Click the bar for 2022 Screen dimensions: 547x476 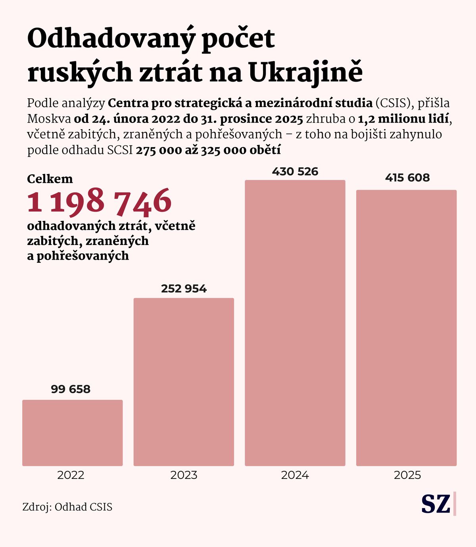click(72, 433)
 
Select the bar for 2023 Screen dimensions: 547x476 click(184, 382)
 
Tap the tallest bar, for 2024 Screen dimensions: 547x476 click(295, 323)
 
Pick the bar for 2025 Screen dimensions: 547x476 click(406, 328)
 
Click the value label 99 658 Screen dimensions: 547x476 click(71, 389)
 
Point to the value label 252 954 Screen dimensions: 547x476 click(184, 289)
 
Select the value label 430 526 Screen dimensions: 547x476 click(295, 172)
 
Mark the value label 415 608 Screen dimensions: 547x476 click(407, 178)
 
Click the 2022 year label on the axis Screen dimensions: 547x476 click(71, 475)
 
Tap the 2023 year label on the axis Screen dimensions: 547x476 click(184, 475)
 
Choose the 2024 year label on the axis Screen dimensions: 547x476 click(295, 475)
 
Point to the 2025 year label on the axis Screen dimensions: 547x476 click(407, 475)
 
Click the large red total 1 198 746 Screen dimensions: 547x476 click(99, 201)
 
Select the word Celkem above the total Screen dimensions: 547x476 click(50, 179)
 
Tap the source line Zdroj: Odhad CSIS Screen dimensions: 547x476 click(67, 507)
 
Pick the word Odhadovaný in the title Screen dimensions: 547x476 click(111, 39)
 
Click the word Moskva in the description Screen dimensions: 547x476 click(49, 119)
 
